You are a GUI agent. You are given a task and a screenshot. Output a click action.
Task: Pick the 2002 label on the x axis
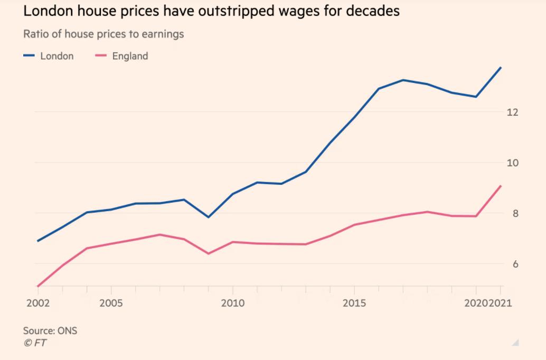[x=38, y=304]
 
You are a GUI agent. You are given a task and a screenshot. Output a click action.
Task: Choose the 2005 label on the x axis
[x=111, y=304]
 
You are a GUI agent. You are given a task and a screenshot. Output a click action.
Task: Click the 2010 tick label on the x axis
[x=232, y=304]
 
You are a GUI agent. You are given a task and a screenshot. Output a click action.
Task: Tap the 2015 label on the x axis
[x=354, y=304]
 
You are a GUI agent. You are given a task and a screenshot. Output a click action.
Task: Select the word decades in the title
[x=372, y=11]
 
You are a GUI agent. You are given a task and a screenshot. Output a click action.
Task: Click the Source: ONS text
[x=50, y=331]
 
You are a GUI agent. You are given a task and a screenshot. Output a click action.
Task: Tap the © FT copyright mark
[x=35, y=343]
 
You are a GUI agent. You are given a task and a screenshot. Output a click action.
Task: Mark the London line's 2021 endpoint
[x=501, y=68]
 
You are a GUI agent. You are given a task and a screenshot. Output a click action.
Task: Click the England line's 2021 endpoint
[x=501, y=186]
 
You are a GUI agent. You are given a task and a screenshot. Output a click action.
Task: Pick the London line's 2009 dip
[x=208, y=217]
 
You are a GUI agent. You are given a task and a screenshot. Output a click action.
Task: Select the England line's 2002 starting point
[x=38, y=286]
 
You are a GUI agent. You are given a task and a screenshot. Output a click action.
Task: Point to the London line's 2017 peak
[x=403, y=80]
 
